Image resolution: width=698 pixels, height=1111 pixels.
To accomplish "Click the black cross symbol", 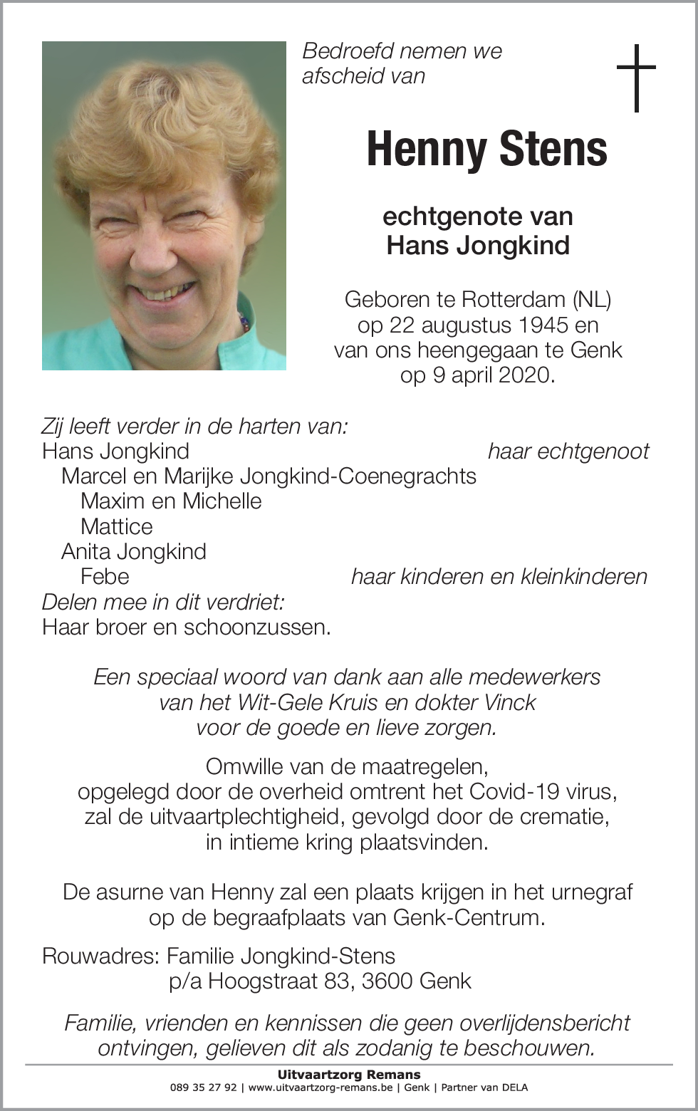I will pyautogui.click(x=635, y=78).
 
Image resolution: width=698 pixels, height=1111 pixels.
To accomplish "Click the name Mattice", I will pyautogui.click(x=117, y=526).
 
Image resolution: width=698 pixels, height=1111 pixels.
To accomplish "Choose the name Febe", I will pyautogui.click(x=105, y=576).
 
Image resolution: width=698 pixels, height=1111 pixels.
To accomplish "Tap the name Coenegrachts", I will pyautogui.click(x=407, y=476).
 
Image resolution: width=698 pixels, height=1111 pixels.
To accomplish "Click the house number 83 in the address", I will pyautogui.click(x=338, y=981).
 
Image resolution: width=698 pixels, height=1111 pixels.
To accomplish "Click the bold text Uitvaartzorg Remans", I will pyautogui.click(x=349, y=1075).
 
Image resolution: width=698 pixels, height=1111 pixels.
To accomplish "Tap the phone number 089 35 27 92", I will pyautogui.click(x=204, y=1087).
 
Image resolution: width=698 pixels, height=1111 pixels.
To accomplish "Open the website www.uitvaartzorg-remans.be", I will pyautogui.click(x=320, y=1087).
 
